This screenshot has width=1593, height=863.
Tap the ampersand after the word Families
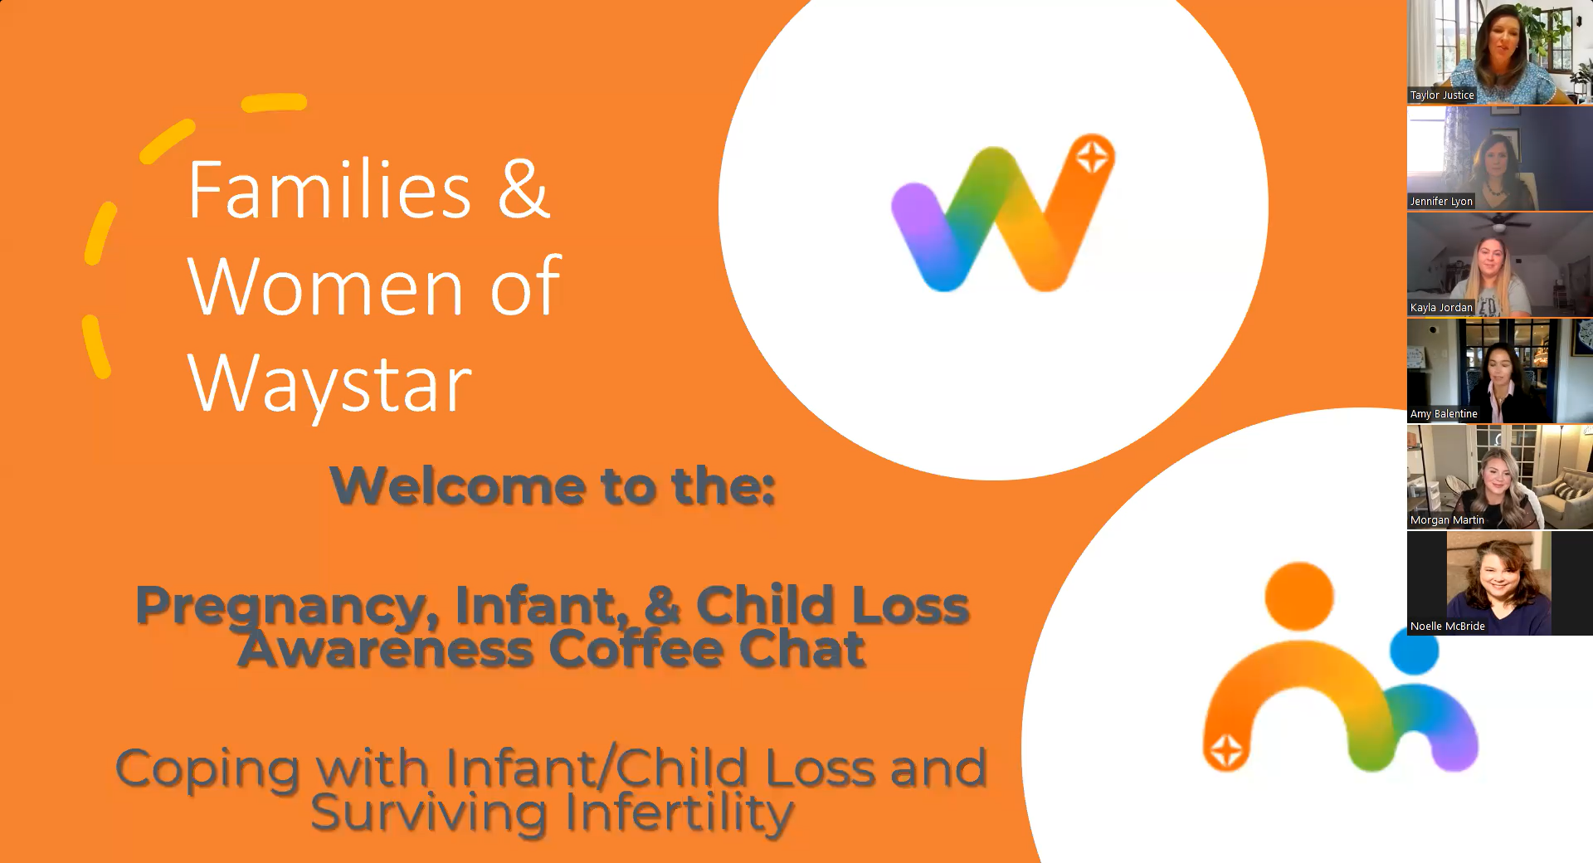(523, 189)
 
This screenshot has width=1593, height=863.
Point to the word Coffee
(636, 649)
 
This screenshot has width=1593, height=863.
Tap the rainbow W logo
(1003, 213)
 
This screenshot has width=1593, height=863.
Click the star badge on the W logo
(1093, 156)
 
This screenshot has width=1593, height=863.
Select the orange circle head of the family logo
(1298, 597)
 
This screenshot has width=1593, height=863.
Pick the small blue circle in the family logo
(1414, 650)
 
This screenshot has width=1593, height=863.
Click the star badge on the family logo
(1226, 751)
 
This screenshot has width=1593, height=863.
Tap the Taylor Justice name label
(1442, 95)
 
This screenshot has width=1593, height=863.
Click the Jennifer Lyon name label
(1441, 202)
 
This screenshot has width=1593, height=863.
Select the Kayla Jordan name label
(1441, 308)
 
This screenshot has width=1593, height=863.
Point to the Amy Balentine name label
(1444, 414)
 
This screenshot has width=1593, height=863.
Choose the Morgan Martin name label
(1447, 520)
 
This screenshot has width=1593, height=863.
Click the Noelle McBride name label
(1448, 627)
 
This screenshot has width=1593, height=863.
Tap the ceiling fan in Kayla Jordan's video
(1500, 222)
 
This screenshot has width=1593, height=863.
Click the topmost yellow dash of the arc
(275, 103)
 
